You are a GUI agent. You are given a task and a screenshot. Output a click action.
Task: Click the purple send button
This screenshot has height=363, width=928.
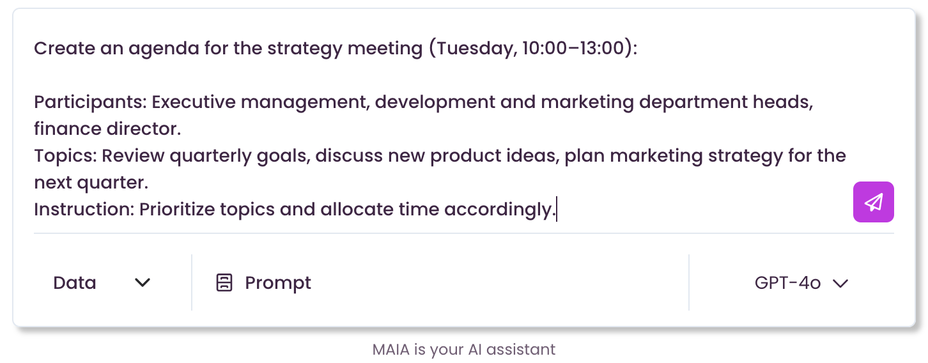873,202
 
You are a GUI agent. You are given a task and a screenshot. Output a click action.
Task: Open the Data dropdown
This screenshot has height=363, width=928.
102,283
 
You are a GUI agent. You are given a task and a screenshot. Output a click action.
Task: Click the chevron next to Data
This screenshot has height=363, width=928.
142,282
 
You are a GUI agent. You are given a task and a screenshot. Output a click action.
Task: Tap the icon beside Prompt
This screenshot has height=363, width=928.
224,282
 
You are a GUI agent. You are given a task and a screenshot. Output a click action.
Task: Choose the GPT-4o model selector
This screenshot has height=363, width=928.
801,283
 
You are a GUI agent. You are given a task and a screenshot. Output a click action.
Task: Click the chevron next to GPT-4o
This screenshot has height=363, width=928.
840,284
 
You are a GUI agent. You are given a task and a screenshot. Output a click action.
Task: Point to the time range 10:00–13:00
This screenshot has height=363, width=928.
573,48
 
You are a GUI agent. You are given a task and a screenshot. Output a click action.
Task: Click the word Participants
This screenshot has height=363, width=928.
90,102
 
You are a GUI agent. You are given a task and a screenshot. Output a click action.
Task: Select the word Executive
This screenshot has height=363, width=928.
194,102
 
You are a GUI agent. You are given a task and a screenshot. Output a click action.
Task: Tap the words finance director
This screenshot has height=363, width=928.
107,129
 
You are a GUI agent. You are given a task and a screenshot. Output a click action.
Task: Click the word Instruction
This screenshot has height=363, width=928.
84,209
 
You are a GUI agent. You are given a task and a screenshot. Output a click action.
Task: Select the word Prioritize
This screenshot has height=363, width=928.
177,209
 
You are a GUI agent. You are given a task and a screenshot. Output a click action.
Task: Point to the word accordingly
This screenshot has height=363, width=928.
500,210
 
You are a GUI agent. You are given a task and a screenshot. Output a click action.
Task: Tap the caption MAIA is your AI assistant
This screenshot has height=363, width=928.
463,350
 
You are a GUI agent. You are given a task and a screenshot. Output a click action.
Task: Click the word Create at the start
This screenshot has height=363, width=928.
64,49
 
